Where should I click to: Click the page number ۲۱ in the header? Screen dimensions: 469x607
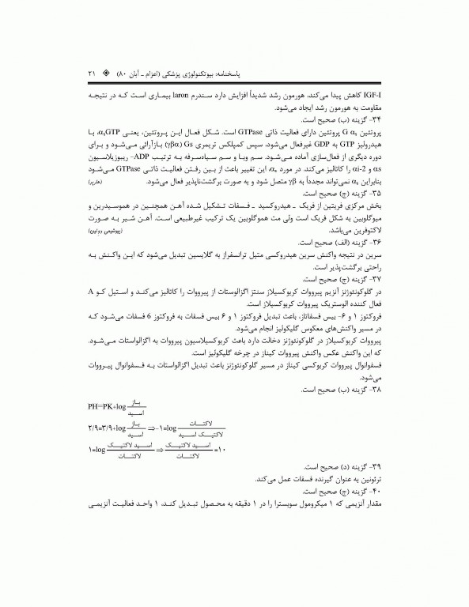[91, 74]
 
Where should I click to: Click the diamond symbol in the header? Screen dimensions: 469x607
[105, 74]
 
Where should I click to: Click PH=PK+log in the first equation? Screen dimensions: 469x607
[108, 409]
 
